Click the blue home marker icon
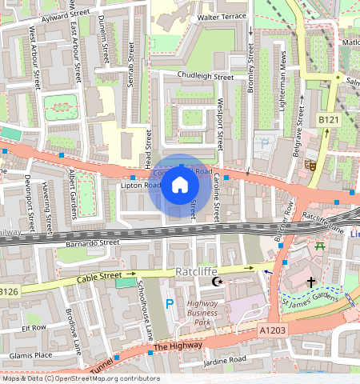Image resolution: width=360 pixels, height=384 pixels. pos(180,186)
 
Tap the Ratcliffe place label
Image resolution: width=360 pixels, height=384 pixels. pos(196,272)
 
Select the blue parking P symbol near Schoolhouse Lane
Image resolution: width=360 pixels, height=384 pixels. pos(169,303)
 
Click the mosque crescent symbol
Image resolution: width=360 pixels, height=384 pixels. pos(214,282)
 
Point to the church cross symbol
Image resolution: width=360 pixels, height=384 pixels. pos(311,282)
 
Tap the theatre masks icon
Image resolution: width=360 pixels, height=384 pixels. pos(310,165)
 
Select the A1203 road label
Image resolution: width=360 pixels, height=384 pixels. pos(271,329)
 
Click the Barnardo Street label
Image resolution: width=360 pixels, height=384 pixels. pos(92,241)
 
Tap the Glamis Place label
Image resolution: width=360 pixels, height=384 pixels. pos(31,355)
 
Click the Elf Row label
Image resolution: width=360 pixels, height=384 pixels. pos(34,327)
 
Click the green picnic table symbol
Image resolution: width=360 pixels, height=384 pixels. pos(321,246)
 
